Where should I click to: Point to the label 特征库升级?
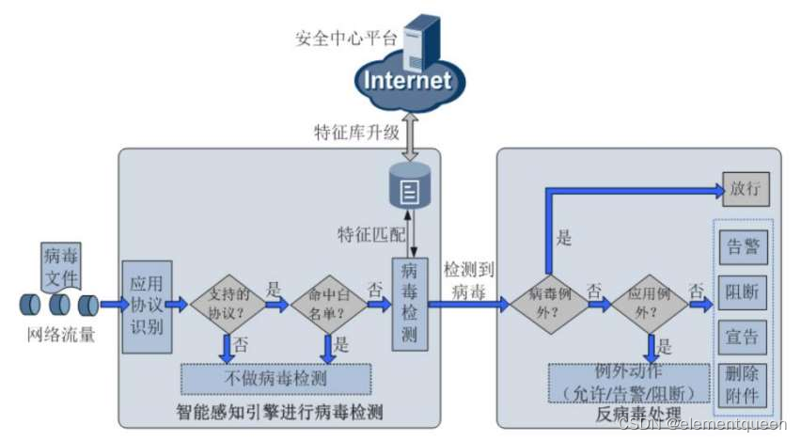pyautogui.click(x=357, y=132)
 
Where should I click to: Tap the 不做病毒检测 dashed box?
pyautogui.click(x=275, y=379)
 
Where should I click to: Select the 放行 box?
pyautogui.click(x=746, y=189)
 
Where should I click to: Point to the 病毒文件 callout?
pyautogui.click(x=62, y=266)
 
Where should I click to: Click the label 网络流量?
pyautogui.click(x=62, y=334)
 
